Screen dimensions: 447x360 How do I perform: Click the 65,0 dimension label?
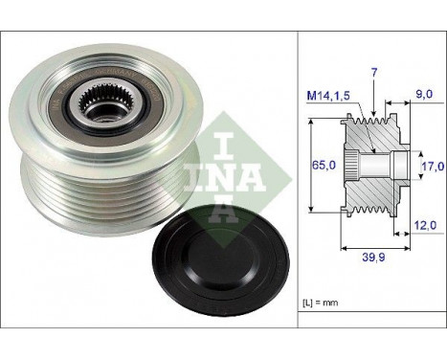click(x=324, y=165)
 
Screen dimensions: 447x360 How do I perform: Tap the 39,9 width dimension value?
click(x=373, y=258)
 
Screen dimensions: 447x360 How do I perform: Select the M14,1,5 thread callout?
click(x=328, y=95)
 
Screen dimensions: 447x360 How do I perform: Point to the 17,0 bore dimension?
click(x=433, y=166)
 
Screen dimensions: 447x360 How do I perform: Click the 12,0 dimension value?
click(x=425, y=225)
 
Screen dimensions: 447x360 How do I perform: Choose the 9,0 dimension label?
click(x=424, y=94)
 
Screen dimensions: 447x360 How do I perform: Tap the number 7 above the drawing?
click(x=374, y=73)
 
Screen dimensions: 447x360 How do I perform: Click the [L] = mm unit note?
click(x=320, y=303)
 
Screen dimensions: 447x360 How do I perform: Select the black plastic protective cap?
click(x=221, y=265)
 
